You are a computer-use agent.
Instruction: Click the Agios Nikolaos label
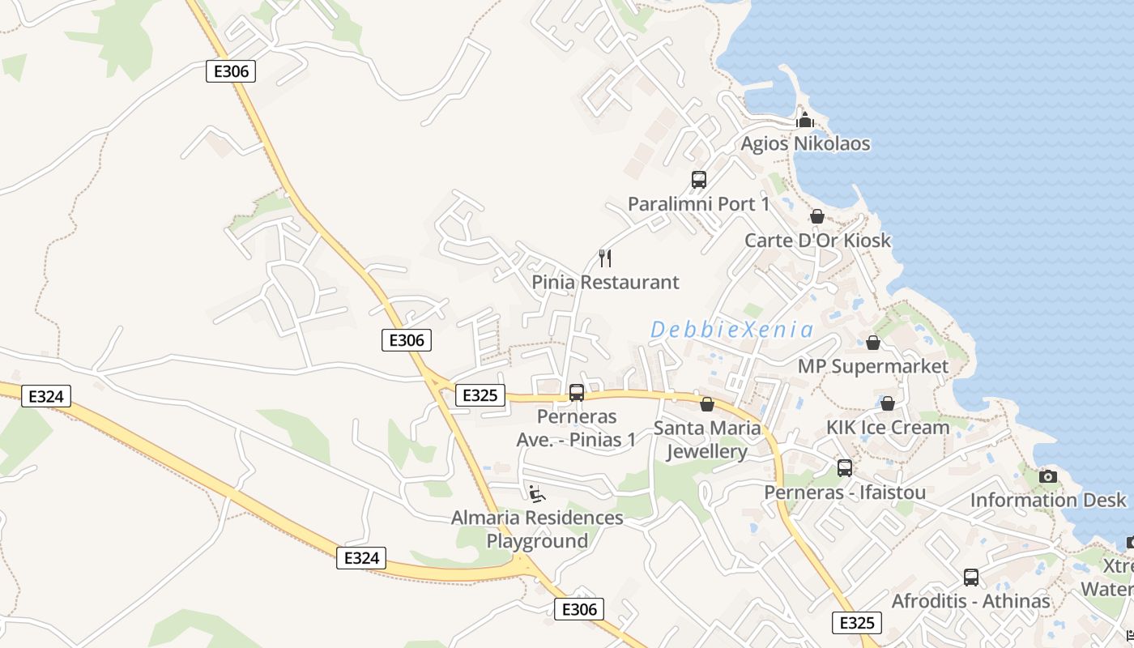(x=805, y=144)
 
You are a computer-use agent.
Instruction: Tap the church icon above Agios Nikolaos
(x=805, y=120)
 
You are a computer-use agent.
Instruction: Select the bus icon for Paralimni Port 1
(x=698, y=180)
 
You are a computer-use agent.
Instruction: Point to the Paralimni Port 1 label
(x=698, y=204)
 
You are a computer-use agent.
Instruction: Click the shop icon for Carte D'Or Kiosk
(x=817, y=216)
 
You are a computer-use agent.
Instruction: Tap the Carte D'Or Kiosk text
(x=817, y=241)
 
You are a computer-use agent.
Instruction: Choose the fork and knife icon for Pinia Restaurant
(x=605, y=258)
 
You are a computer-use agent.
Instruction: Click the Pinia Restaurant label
(x=605, y=283)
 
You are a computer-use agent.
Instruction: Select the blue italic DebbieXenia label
(x=731, y=330)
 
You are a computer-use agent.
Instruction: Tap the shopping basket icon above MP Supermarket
(x=872, y=343)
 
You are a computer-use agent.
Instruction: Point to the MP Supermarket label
(x=872, y=366)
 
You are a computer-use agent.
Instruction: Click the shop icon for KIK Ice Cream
(x=888, y=403)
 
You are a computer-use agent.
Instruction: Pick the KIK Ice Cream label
(x=888, y=427)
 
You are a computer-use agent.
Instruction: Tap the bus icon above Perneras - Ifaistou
(x=845, y=468)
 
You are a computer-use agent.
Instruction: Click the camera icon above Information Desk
(x=1048, y=476)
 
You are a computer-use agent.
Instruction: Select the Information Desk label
(x=1048, y=500)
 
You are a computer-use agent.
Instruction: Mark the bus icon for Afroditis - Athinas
(x=970, y=578)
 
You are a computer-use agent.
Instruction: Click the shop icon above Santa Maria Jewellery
(x=707, y=403)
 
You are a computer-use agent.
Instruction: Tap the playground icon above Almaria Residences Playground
(x=537, y=492)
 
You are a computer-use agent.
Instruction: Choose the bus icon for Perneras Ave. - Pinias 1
(x=577, y=393)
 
